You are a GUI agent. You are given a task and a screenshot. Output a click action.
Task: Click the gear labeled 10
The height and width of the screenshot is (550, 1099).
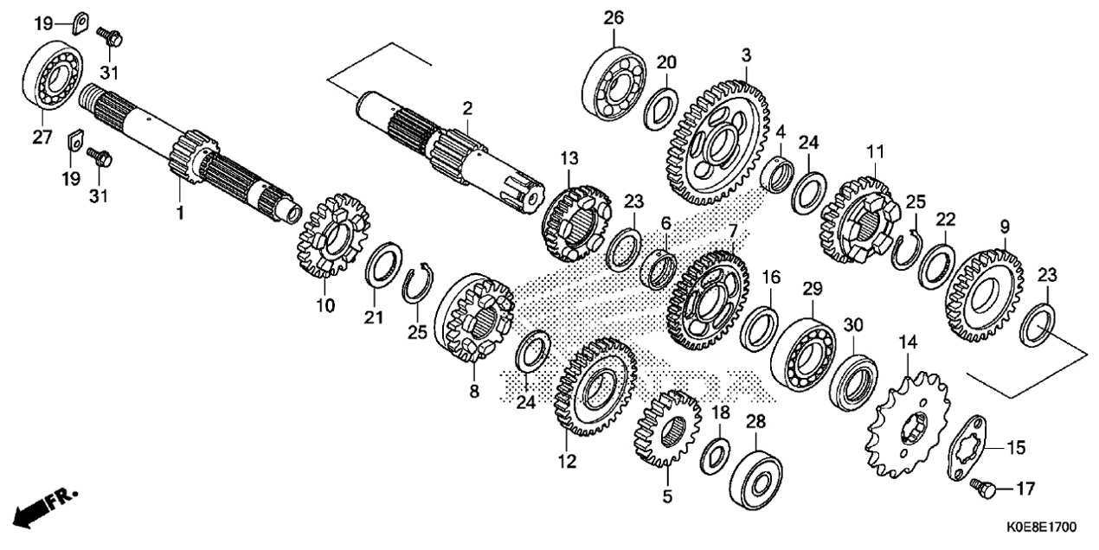331,235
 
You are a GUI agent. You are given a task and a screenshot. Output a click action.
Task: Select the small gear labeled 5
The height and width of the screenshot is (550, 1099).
667,428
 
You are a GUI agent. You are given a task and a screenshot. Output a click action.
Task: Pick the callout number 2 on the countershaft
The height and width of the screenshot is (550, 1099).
467,108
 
